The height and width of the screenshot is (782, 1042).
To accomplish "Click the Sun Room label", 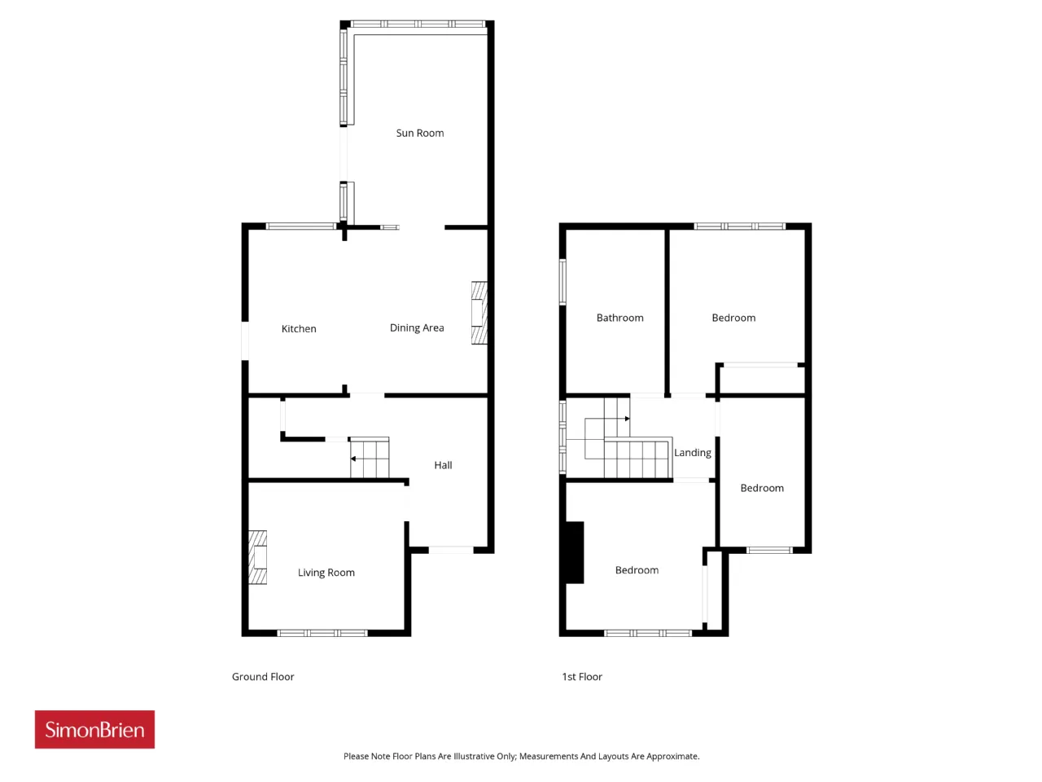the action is pyautogui.click(x=419, y=133).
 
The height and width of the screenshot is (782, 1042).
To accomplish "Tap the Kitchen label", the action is pyautogui.click(x=299, y=328).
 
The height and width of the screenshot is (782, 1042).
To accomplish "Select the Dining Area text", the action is pyautogui.click(x=417, y=327).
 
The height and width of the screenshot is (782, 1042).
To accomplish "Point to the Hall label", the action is pyautogui.click(x=443, y=465).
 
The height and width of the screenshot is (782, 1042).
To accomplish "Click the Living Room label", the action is pyautogui.click(x=326, y=573).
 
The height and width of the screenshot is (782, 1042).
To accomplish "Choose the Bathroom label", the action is pyautogui.click(x=620, y=318).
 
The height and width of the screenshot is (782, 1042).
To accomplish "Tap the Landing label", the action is pyautogui.click(x=693, y=453).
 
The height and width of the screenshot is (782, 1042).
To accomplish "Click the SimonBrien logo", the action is pyautogui.click(x=94, y=729).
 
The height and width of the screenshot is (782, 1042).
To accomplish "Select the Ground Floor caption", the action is pyautogui.click(x=263, y=677).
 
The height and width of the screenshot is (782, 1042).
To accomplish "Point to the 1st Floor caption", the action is pyautogui.click(x=582, y=677).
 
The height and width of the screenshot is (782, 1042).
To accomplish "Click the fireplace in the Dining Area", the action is pyautogui.click(x=479, y=313).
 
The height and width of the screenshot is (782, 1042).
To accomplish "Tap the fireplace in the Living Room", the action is pyautogui.click(x=258, y=557).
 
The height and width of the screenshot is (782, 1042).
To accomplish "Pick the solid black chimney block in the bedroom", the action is pyautogui.click(x=575, y=552).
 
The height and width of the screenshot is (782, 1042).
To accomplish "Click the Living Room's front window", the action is pyautogui.click(x=322, y=633).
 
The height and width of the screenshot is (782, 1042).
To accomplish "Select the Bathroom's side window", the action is pyautogui.click(x=563, y=282).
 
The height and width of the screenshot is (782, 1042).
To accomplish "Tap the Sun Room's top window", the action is pyautogui.click(x=418, y=24).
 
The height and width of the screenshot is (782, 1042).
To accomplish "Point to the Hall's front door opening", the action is pyautogui.click(x=451, y=550).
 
